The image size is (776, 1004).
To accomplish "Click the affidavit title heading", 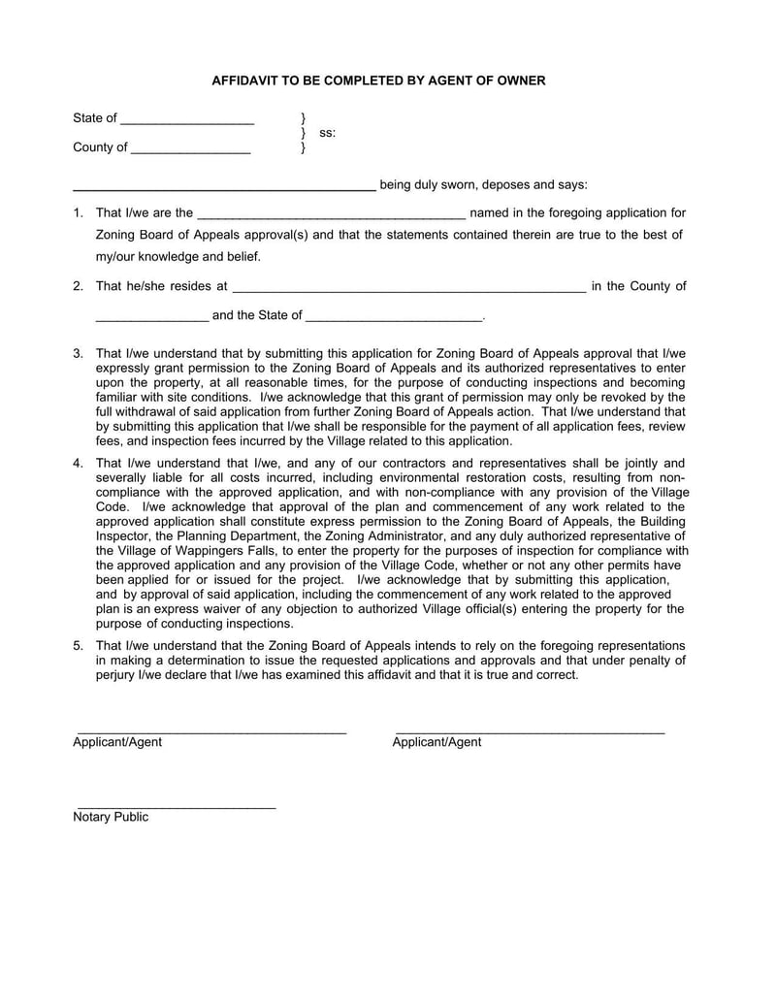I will pos(378,81).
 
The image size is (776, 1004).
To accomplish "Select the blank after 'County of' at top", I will pos(190,150).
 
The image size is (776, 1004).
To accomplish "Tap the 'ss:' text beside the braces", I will pos(328,133).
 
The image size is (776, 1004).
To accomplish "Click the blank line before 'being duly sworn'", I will pos(224,187).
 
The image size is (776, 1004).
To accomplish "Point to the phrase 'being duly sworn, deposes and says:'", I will pos(483,184).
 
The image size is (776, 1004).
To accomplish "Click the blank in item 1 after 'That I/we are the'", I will pos(331,215).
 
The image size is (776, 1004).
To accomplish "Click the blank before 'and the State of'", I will pos(151,318).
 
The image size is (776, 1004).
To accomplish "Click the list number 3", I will pos(78,354).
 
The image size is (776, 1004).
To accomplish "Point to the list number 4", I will pos(78,463).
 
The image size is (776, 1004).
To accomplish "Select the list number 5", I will pos(78,645).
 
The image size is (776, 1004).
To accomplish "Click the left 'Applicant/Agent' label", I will pos(117,742).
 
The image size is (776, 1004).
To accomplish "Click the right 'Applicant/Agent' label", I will pos(436,742).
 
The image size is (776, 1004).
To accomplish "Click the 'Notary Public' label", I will pos(111,817).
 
